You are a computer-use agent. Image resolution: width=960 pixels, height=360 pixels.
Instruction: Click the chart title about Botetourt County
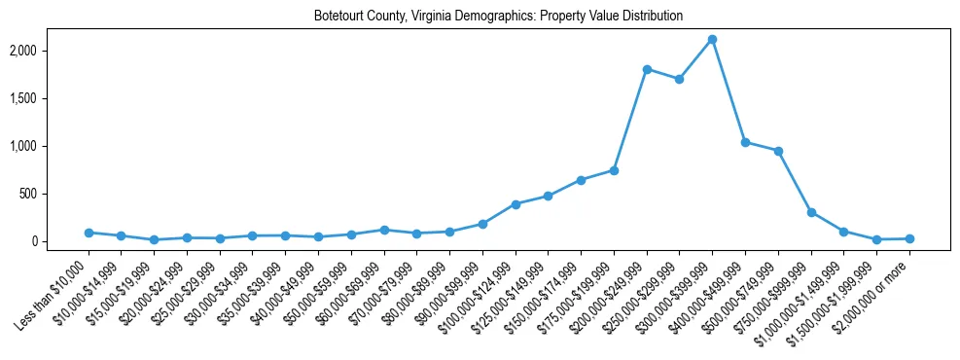pos(498,17)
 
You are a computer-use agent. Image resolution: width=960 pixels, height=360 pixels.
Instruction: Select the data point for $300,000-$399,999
pos(713,39)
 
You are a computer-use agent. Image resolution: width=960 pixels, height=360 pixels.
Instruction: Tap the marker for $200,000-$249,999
pos(647,69)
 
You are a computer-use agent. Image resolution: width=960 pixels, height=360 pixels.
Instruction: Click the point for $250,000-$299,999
pos(680,79)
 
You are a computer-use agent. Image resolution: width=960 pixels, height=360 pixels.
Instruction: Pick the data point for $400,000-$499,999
pos(746,142)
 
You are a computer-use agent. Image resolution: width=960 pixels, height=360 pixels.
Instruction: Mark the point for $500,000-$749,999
pos(778,151)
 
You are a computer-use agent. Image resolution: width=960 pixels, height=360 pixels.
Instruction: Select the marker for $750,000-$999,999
pos(811,212)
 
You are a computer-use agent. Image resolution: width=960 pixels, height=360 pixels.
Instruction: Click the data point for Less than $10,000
pos(89,233)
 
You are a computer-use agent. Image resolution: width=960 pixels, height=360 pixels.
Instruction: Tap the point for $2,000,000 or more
pos(909,238)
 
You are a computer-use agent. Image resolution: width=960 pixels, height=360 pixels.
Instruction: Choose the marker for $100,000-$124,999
pos(516,204)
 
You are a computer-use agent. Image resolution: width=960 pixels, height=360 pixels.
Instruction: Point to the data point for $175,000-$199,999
pos(614,170)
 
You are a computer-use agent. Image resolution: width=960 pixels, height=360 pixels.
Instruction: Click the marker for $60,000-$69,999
pos(384,230)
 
